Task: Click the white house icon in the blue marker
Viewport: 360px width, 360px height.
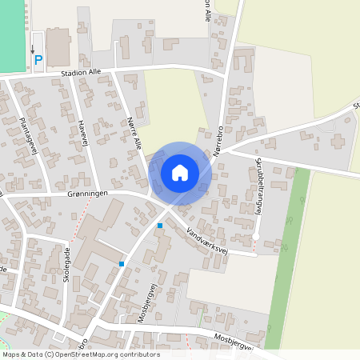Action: coord(180,172)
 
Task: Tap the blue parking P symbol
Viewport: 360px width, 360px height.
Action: coord(38,60)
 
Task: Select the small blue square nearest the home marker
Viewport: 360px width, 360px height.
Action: coord(160,226)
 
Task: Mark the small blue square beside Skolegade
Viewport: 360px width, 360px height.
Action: coord(122,263)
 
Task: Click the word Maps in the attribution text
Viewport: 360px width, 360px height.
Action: coord(11,354)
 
